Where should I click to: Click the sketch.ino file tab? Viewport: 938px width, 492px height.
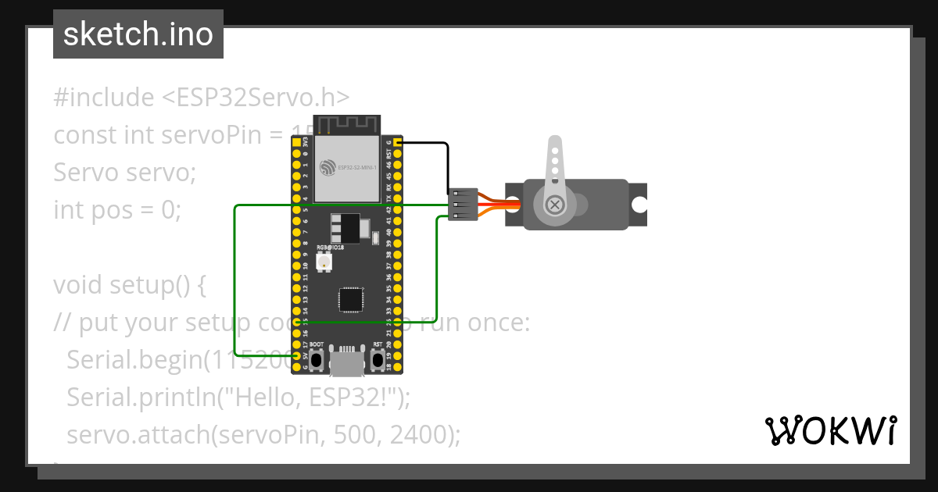point(138,34)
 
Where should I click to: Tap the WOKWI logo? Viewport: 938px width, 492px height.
point(830,430)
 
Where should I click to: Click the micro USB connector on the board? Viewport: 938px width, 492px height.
point(346,362)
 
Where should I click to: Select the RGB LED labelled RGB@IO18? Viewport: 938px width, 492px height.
point(322,262)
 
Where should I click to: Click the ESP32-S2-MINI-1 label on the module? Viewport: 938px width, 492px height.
point(360,167)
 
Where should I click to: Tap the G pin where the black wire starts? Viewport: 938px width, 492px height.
point(398,143)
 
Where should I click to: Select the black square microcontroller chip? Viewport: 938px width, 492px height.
point(350,300)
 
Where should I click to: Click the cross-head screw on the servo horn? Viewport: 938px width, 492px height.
point(555,205)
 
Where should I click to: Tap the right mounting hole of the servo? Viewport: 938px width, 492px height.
point(639,205)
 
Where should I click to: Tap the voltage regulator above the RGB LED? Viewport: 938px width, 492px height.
point(345,228)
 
